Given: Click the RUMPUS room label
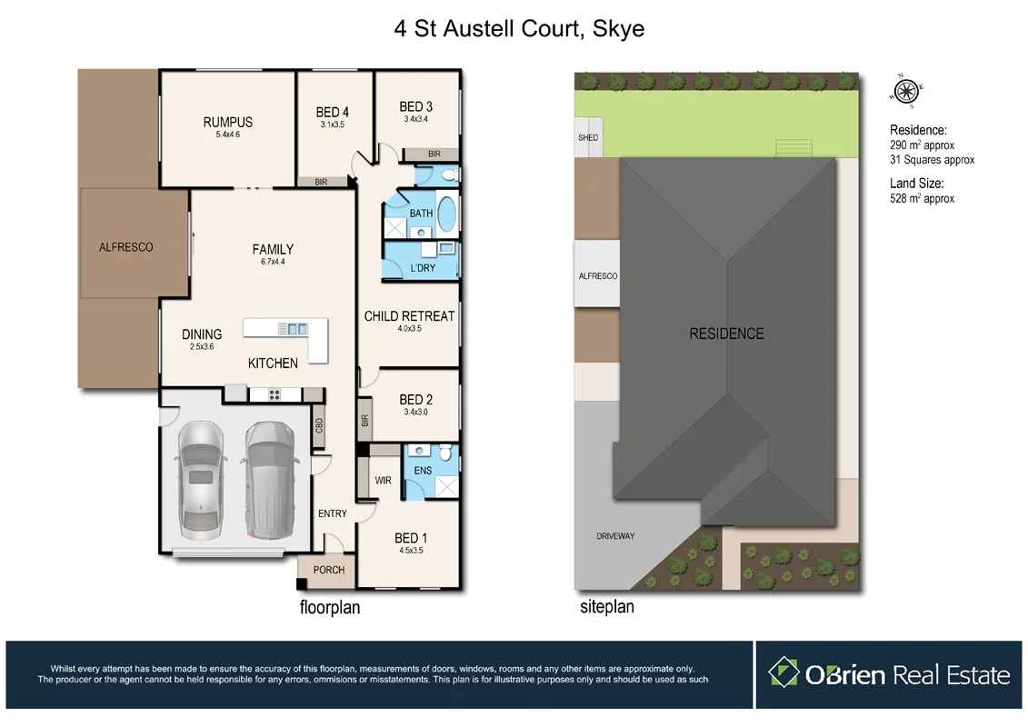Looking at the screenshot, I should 227,123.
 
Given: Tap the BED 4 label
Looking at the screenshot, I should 333,113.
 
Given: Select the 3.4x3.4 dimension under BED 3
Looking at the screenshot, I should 415,118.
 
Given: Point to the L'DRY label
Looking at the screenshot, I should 423,268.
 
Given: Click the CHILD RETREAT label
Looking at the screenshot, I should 409,316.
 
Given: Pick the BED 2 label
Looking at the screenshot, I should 415,400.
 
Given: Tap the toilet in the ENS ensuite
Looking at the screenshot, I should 445,452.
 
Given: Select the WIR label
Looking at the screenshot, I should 383,480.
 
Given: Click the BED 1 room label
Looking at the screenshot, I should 411,538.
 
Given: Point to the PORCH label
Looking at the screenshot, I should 329,570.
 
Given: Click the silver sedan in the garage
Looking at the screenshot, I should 199,480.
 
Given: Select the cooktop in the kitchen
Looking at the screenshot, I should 274,394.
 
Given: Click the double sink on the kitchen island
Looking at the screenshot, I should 293,328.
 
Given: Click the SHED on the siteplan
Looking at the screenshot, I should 588,138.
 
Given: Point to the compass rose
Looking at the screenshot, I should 906,90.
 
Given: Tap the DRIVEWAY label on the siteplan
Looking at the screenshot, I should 615,536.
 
